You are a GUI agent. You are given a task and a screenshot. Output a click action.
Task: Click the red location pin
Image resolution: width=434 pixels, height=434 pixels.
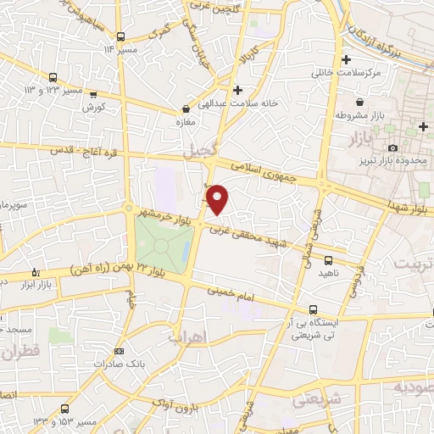[x=218, y=199]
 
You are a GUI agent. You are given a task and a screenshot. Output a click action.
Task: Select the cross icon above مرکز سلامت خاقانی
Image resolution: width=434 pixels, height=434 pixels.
[x=346, y=59]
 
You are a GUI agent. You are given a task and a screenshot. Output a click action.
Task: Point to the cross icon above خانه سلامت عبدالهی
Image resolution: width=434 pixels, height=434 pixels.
[x=237, y=90]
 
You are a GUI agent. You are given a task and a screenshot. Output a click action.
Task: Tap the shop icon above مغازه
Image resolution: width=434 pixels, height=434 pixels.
[x=186, y=108]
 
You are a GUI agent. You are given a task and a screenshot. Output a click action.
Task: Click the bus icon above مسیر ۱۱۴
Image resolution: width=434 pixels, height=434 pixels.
[x=122, y=36]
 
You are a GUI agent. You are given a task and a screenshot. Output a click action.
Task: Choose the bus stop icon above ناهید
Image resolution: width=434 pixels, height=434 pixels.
[x=326, y=262]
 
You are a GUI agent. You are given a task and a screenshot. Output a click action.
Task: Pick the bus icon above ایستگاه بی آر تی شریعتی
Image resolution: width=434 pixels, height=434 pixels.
[x=314, y=309]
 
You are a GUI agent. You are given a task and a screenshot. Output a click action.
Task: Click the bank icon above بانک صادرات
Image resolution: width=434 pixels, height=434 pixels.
[x=119, y=350]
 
